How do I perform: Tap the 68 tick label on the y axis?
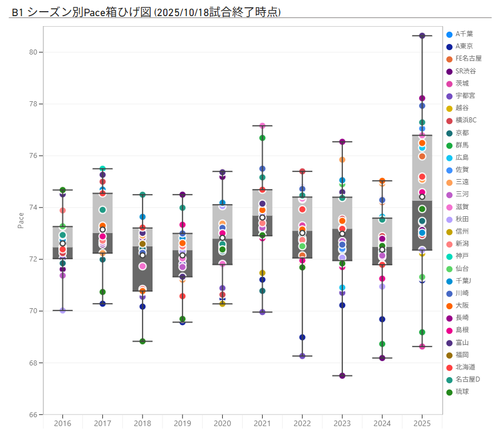click(x=33, y=363)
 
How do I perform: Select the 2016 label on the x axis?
click(x=62, y=423)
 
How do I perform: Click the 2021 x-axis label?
click(x=262, y=423)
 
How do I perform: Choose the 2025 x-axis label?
click(x=422, y=423)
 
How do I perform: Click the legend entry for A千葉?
click(x=464, y=34)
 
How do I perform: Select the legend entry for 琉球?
click(x=463, y=392)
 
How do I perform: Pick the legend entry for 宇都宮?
click(x=465, y=96)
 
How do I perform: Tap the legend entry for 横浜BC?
click(x=466, y=120)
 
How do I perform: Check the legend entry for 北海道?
click(x=465, y=367)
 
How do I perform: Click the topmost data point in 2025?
click(x=422, y=36)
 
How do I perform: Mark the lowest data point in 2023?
click(x=342, y=376)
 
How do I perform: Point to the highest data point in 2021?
click(x=262, y=126)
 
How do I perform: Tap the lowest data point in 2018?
click(x=143, y=342)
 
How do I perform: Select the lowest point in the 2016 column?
click(x=62, y=310)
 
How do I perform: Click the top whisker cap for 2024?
click(x=382, y=181)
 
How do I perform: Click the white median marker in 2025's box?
click(x=422, y=197)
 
